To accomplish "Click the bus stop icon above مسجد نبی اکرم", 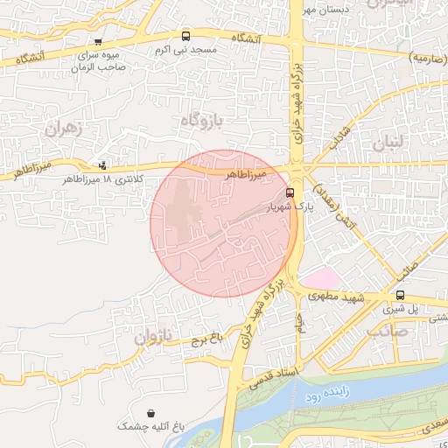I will click(185, 36).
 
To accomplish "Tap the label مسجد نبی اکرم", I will click(185, 50).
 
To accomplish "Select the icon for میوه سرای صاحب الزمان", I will click(98, 40).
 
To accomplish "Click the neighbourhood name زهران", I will click(61, 128).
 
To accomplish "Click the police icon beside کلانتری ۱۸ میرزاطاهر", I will click(104, 164).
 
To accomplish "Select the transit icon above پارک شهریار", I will click(290, 192).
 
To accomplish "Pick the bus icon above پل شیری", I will click(400, 295).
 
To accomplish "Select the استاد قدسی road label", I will click(274, 378).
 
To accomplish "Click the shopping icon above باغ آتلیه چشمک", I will click(153, 412).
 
